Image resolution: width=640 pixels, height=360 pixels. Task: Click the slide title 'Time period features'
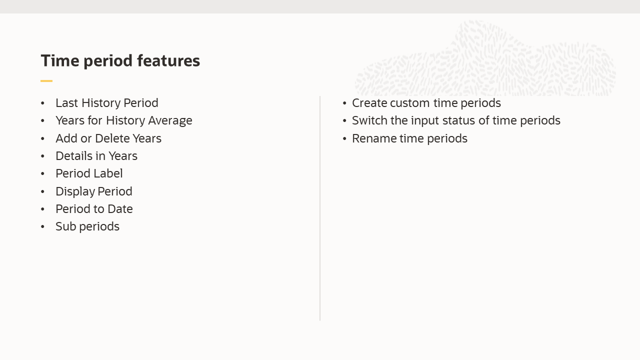(x=120, y=61)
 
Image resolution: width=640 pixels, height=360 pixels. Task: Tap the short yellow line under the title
(x=46, y=81)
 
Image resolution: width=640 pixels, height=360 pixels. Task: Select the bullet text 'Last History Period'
(x=107, y=103)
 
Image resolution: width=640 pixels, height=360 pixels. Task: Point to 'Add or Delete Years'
(x=108, y=138)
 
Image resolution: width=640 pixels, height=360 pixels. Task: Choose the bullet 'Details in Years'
(x=96, y=156)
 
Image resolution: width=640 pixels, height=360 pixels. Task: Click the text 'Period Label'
(x=89, y=173)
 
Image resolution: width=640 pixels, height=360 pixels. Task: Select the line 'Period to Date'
(x=94, y=209)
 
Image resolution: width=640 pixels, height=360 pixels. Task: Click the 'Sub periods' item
(x=87, y=226)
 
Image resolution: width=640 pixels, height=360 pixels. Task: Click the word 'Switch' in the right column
(x=369, y=120)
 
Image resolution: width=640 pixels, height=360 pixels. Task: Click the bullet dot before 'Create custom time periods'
(x=344, y=103)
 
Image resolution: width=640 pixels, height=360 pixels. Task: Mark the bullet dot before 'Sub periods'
(x=43, y=226)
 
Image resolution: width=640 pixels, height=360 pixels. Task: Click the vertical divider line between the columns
(x=320, y=208)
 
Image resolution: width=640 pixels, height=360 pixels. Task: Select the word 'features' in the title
(x=168, y=61)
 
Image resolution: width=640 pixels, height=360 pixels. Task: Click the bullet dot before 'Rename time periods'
(x=344, y=138)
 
